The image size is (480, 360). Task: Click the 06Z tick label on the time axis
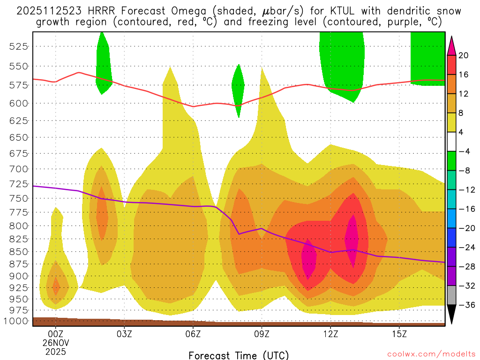click(x=193, y=334)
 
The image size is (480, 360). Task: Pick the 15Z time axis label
click(x=399, y=334)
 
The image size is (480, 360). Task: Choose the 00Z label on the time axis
click(x=56, y=334)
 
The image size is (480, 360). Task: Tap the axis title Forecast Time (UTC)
click(x=239, y=355)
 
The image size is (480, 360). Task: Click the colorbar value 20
click(x=464, y=55)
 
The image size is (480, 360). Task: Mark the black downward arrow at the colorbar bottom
click(x=452, y=314)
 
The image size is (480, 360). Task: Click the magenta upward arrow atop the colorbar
click(x=452, y=45)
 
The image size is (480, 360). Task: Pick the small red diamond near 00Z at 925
click(x=56, y=286)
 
